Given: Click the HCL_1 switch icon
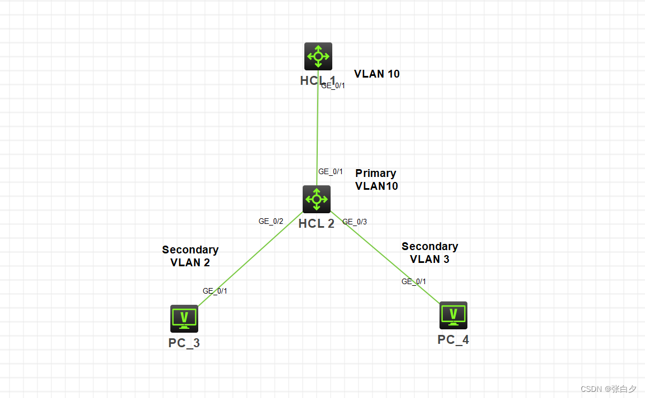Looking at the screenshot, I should click(x=318, y=56).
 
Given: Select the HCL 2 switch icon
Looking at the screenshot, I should click(x=317, y=199).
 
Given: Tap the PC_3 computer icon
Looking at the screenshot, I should click(x=184, y=318).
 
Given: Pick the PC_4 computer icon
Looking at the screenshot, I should click(x=453, y=315).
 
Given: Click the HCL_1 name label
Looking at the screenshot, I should click(x=318, y=80).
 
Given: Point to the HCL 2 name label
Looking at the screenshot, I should click(x=317, y=224).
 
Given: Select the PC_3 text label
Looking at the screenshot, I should click(x=184, y=343).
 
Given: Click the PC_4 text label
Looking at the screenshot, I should click(x=453, y=339).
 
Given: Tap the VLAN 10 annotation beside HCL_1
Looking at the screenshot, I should click(x=377, y=74).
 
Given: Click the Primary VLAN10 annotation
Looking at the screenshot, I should click(x=376, y=180).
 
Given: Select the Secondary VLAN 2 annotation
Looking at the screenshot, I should click(x=190, y=256).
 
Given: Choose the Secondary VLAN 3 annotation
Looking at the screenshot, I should click(x=429, y=252).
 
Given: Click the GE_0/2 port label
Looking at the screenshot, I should click(x=271, y=221).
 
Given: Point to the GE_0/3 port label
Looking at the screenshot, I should click(x=355, y=222).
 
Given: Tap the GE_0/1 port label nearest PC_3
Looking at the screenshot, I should click(x=215, y=291).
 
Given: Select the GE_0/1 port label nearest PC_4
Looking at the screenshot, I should click(x=414, y=281).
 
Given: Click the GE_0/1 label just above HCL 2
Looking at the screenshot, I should click(x=331, y=171).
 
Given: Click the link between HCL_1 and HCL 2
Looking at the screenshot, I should click(x=317, y=128).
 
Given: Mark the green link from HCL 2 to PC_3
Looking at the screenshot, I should click(x=249, y=260).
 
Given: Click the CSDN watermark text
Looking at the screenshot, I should click(x=608, y=389).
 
